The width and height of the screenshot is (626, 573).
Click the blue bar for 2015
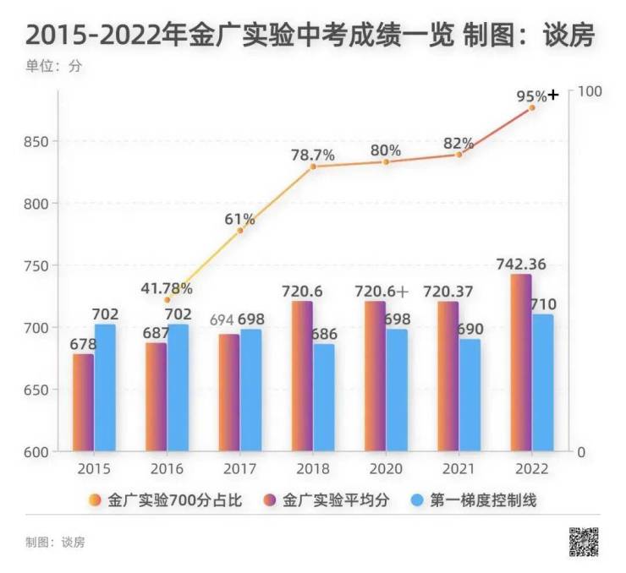pos(105,387)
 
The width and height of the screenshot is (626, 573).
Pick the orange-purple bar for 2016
pos(156,396)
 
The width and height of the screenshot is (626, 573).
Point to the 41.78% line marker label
pos(167,288)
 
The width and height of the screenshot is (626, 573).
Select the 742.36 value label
pos(521,265)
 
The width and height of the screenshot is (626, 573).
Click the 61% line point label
pos(239,220)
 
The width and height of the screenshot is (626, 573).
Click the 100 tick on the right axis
pos(589,90)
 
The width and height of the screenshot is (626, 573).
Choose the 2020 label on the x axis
pos(386,467)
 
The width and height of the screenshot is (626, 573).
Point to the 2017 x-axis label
pos(239,467)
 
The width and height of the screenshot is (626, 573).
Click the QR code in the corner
pos(584,542)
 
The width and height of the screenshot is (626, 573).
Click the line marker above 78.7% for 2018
pos(313,166)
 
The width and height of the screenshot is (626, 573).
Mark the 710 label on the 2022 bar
pos(542,304)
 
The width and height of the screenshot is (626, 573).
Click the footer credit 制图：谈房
pos(55,542)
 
